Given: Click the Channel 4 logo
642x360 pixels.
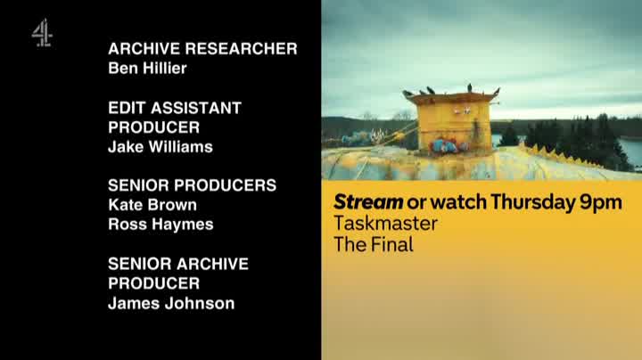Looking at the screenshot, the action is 42,33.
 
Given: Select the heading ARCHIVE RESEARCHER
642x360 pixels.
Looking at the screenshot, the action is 202,49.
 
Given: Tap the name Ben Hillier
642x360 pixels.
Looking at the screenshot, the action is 147,69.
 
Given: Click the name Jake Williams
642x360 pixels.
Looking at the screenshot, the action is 160,147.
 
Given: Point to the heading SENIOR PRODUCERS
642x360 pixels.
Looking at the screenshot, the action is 192,185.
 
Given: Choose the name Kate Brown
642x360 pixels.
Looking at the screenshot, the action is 152,205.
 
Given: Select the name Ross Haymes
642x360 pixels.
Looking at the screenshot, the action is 160,225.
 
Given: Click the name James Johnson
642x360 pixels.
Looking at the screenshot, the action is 171,303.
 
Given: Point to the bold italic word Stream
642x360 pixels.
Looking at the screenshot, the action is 368,201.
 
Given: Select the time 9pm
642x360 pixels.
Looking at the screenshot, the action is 601,203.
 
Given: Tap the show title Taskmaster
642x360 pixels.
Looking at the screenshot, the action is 386,224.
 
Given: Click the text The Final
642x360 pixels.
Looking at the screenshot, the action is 374,245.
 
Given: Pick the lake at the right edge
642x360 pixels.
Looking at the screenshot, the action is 630,151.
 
